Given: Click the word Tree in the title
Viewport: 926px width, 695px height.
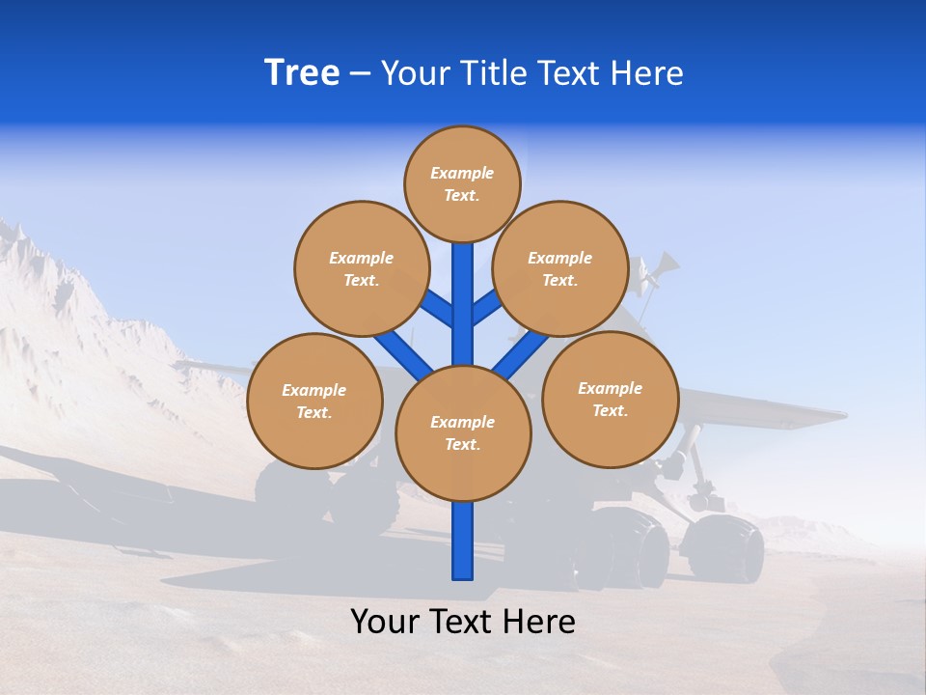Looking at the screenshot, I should [302, 72].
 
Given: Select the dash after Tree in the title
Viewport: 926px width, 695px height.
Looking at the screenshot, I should [359, 74].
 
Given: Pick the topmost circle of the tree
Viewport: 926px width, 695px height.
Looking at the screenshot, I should [462, 183].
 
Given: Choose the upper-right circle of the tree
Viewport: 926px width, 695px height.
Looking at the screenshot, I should [560, 268].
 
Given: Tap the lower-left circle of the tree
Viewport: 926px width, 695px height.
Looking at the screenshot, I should [314, 401].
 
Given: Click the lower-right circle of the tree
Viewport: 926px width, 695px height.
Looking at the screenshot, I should [610, 399].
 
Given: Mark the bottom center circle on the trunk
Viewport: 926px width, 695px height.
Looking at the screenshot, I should [463, 433].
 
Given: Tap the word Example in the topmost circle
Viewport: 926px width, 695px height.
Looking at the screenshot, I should [462, 173].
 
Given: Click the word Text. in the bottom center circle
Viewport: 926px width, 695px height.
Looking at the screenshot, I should [463, 444].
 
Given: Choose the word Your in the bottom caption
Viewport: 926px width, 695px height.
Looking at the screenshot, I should [383, 621].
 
